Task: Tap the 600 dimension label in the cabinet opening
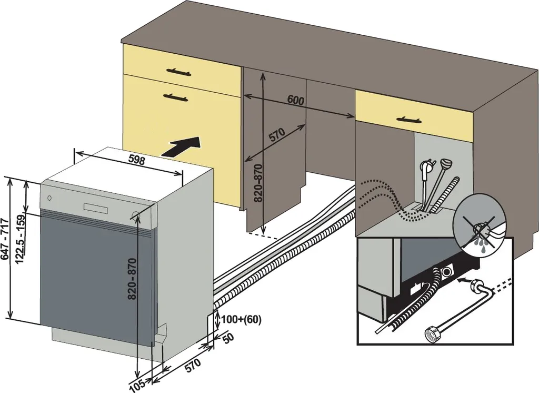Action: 296,101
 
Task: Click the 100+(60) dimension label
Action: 241,319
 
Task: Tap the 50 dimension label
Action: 227,339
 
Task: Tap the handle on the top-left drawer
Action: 177,71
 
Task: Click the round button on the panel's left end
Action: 49,199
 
